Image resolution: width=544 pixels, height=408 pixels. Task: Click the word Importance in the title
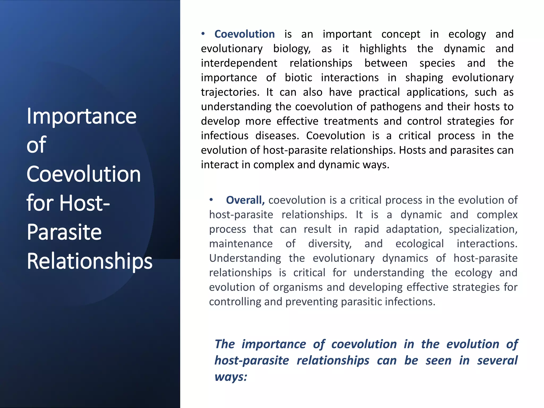(82, 116)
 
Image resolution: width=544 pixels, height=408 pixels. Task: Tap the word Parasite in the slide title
(64, 232)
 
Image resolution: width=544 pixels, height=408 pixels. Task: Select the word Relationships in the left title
(90, 261)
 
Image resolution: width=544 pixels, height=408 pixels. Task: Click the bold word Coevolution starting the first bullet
(244, 34)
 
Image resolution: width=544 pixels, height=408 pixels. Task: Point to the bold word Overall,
(245, 200)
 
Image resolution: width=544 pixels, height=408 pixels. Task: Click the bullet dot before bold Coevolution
(203, 34)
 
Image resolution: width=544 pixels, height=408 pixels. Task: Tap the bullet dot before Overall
(211, 200)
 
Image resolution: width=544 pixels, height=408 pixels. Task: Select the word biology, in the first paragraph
(292, 49)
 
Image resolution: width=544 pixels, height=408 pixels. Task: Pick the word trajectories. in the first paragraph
(230, 92)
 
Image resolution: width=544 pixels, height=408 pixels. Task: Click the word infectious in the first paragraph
(224, 136)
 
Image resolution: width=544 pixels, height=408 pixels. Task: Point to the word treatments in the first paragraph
(351, 121)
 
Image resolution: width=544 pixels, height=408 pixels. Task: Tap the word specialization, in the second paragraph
(483, 229)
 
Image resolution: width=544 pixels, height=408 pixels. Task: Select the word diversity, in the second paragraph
(330, 244)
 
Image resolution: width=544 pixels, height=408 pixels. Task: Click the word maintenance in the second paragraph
(241, 244)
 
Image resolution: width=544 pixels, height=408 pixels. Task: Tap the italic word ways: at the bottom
(231, 377)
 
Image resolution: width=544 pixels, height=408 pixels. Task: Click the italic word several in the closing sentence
(497, 361)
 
